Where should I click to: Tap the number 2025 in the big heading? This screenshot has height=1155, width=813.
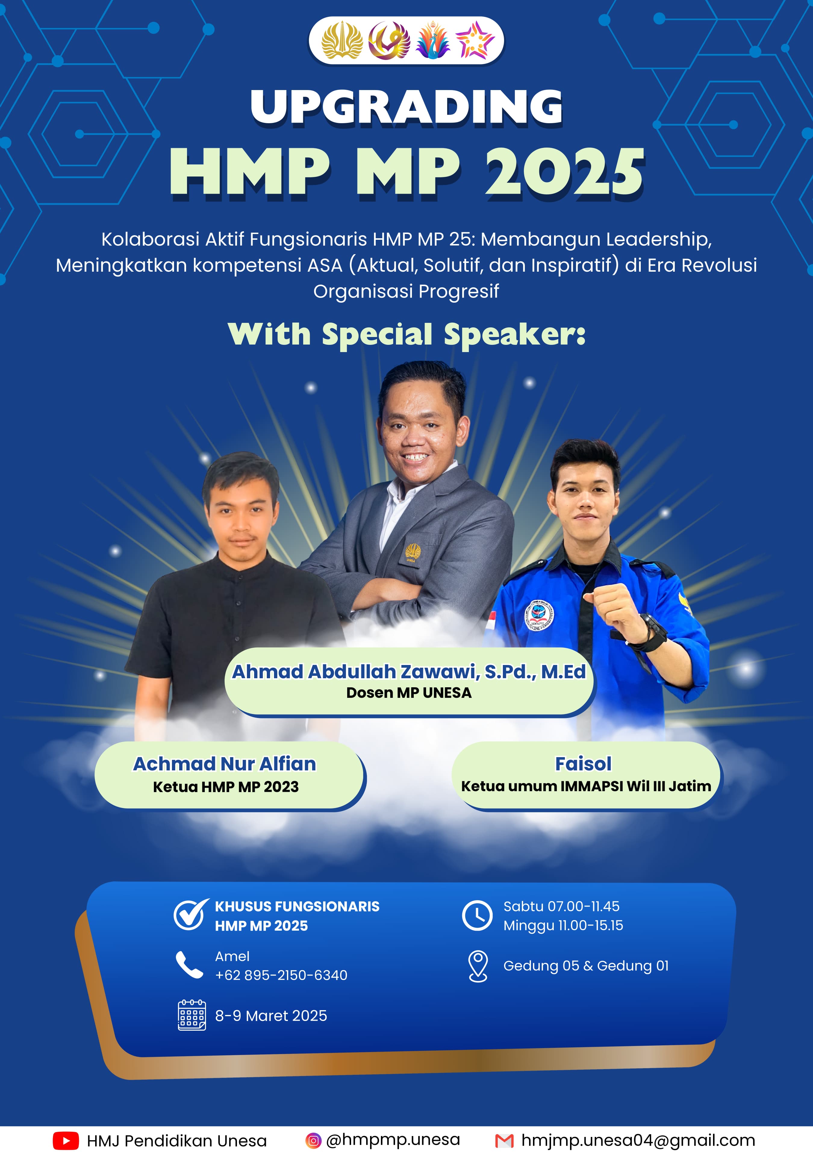click(565, 172)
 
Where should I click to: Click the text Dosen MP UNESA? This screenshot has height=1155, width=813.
click(409, 693)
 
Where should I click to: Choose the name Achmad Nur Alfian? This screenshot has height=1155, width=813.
click(224, 764)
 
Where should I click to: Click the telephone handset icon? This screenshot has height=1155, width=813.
click(189, 965)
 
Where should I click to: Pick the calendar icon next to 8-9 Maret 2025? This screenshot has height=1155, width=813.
click(192, 1015)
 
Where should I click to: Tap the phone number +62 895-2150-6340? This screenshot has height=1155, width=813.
click(281, 975)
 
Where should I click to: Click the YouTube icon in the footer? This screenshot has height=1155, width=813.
click(66, 1141)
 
